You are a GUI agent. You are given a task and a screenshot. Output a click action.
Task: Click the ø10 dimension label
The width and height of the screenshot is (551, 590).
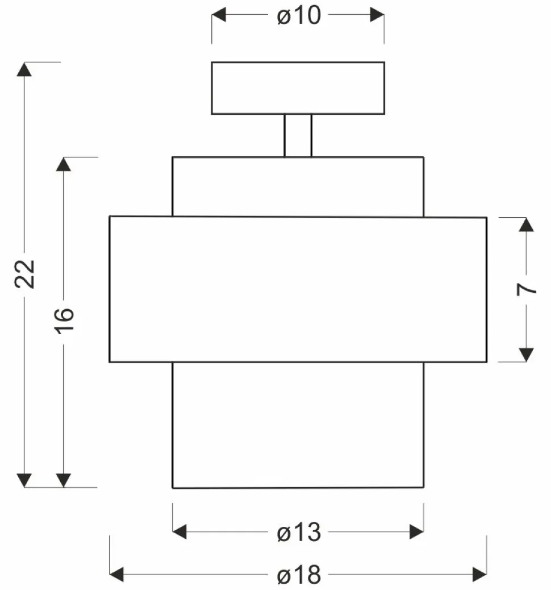(x=299, y=15)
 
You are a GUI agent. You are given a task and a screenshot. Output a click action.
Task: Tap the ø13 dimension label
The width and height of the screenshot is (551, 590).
(x=299, y=533)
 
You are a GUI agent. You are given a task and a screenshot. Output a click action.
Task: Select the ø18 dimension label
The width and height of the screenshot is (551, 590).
(x=299, y=575)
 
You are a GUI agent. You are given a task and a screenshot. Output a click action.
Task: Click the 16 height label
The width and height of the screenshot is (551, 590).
(x=65, y=322)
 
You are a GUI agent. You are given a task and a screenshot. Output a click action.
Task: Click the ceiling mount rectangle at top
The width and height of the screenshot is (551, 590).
(x=298, y=88)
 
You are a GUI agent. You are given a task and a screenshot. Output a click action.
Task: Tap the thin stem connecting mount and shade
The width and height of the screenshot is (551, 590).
(x=298, y=135)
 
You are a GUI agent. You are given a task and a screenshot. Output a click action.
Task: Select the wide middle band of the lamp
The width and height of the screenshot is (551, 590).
(x=298, y=289)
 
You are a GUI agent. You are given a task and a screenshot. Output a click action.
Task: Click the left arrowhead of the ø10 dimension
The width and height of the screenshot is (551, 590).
(x=219, y=15)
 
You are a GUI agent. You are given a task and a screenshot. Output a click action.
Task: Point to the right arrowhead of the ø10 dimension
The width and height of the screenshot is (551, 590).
(x=377, y=15)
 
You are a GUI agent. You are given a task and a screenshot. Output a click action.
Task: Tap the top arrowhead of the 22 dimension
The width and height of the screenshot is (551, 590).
(x=24, y=69)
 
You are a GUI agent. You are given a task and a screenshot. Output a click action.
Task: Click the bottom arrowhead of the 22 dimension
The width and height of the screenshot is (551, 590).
(x=24, y=480)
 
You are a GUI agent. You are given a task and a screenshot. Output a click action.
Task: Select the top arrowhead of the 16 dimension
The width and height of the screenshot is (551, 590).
(x=64, y=164)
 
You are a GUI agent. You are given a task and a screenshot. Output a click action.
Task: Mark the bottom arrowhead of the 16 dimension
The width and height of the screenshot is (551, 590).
(x=64, y=480)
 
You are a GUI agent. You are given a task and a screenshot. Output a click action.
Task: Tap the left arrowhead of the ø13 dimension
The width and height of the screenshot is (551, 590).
(x=180, y=533)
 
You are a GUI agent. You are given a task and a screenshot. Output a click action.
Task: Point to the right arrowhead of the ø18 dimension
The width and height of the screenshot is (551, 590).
(x=479, y=575)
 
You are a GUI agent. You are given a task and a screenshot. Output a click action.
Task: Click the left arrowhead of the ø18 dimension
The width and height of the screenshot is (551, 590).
(x=116, y=575)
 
